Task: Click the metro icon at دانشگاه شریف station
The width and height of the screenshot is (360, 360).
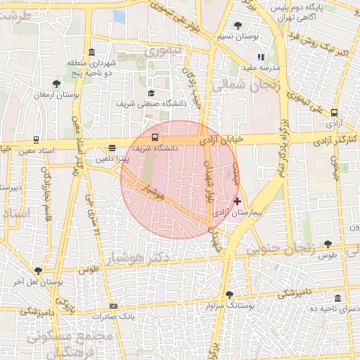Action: coord(155,138)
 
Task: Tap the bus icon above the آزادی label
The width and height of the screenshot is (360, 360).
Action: coord(334,112)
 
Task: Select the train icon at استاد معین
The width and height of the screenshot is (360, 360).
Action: coord(36,140)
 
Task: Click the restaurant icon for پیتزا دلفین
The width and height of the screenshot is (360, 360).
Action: coord(112,148)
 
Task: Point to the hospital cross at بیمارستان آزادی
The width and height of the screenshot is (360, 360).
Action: coord(238,201)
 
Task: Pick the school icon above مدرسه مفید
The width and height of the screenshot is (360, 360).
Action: coord(261,57)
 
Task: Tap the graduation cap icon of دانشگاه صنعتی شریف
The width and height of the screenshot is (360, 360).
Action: coord(150,93)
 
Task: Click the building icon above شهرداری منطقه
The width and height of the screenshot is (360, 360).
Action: coord(93,53)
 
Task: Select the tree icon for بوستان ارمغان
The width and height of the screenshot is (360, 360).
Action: coord(56,84)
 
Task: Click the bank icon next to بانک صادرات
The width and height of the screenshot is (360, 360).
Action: coord(114,306)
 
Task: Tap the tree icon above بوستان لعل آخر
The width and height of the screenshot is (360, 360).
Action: coord(38,271)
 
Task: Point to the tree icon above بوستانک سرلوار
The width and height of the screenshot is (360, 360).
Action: coord(229,295)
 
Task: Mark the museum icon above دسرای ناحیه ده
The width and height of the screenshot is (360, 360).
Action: coord(339,298)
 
